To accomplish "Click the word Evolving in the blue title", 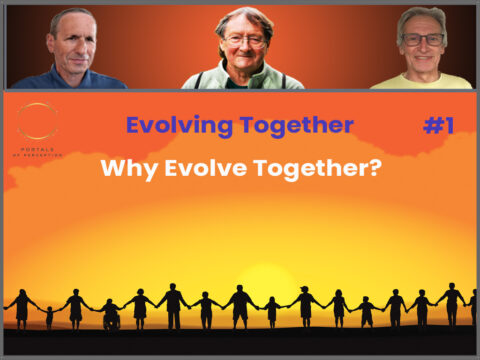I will pyautogui.click(x=179, y=125).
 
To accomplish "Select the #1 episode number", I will pyautogui.click(x=440, y=125).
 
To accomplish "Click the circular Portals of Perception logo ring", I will pyautogui.click(x=38, y=122).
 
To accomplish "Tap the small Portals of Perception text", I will pyautogui.click(x=38, y=152).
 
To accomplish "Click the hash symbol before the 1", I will pyautogui.click(x=431, y=125).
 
